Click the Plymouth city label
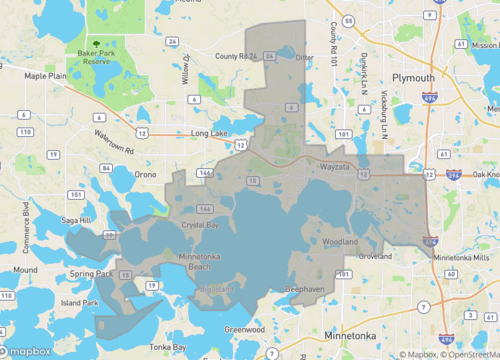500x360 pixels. click(413, 77)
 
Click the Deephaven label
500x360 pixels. click(303, 289)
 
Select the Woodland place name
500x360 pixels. click(341, 242)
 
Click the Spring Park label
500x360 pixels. click(92, 273)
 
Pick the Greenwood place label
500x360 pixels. click(245, 328)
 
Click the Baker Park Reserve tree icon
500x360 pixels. click(97, 45)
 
